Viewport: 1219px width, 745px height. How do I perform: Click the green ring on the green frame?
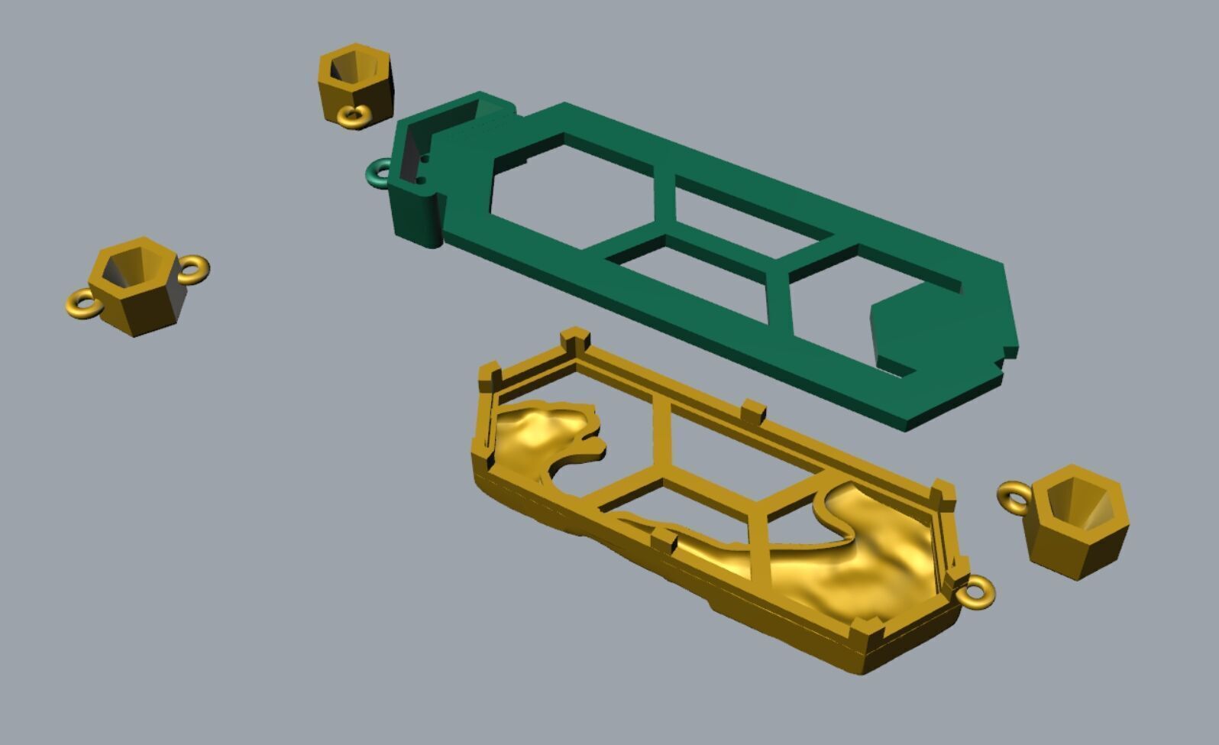[x=376, y=172]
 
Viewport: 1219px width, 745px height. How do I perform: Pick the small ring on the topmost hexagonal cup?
[x=354, y=116]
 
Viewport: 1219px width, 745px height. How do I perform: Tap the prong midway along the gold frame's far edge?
[x=752, y=411]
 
